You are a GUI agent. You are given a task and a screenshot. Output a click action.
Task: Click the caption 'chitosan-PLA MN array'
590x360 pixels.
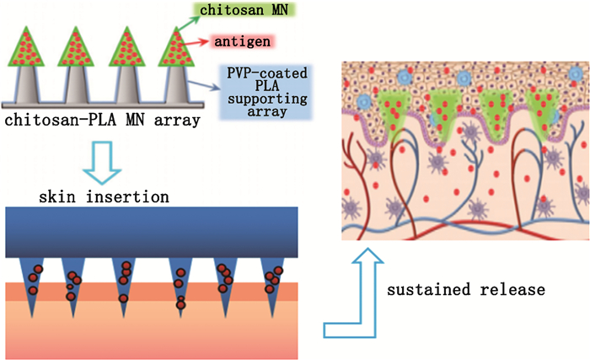(102, 120)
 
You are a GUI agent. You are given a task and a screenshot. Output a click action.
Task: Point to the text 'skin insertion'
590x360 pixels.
(105, 196)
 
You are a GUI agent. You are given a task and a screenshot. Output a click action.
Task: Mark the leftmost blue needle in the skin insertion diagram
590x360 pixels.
(33, 282)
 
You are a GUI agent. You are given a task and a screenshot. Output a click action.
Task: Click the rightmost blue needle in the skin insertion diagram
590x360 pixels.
(273, 282)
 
